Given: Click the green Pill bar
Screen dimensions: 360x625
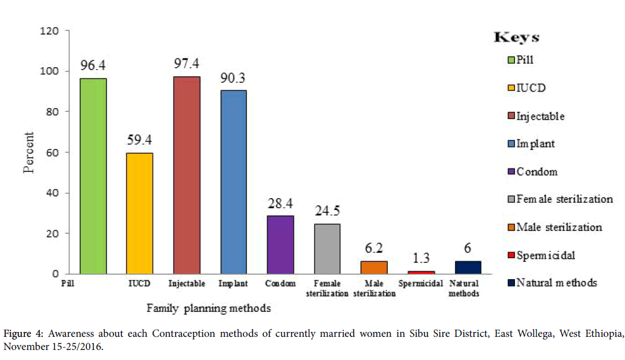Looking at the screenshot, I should click(93, 176).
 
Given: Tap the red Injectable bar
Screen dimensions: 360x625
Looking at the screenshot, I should click(187, 175).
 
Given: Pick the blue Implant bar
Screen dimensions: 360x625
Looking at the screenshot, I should click(233, 182).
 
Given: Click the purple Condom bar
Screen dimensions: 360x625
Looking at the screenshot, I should click(280, 245).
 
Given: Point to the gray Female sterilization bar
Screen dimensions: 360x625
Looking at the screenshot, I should click(327, 249).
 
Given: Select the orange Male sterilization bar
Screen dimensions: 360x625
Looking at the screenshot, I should click(374, 267).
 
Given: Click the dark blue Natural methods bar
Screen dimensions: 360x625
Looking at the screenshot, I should click(467, 267).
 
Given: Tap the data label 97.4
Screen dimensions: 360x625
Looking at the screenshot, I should click(186, 63).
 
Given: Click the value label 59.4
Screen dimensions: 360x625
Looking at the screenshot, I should click(140, 140).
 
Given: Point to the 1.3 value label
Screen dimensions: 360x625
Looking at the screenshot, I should click(420, 258).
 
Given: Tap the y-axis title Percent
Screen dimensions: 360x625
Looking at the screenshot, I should click(29, 152).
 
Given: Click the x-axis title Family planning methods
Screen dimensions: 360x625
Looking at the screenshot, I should click(209, 308).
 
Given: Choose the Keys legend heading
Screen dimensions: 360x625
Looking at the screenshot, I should click(516, 37).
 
